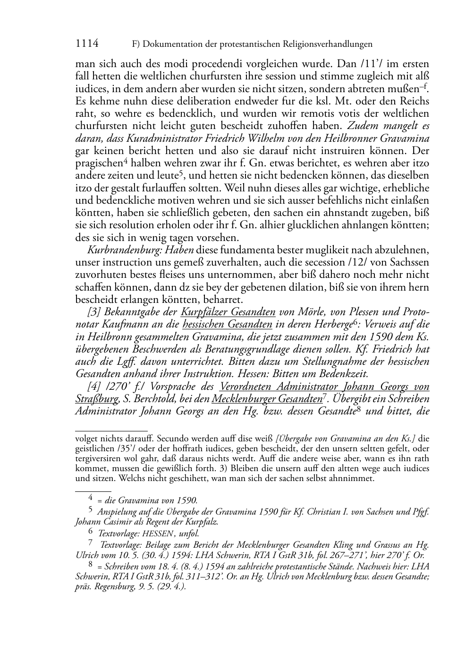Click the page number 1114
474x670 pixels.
[x=87, y=44]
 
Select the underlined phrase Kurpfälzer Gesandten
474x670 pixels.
[x=228, y=312]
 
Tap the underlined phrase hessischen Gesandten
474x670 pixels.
[x=227, y=324]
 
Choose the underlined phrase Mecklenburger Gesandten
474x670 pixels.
[x=267, y=399]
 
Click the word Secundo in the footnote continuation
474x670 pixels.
[x=174, y=438]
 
